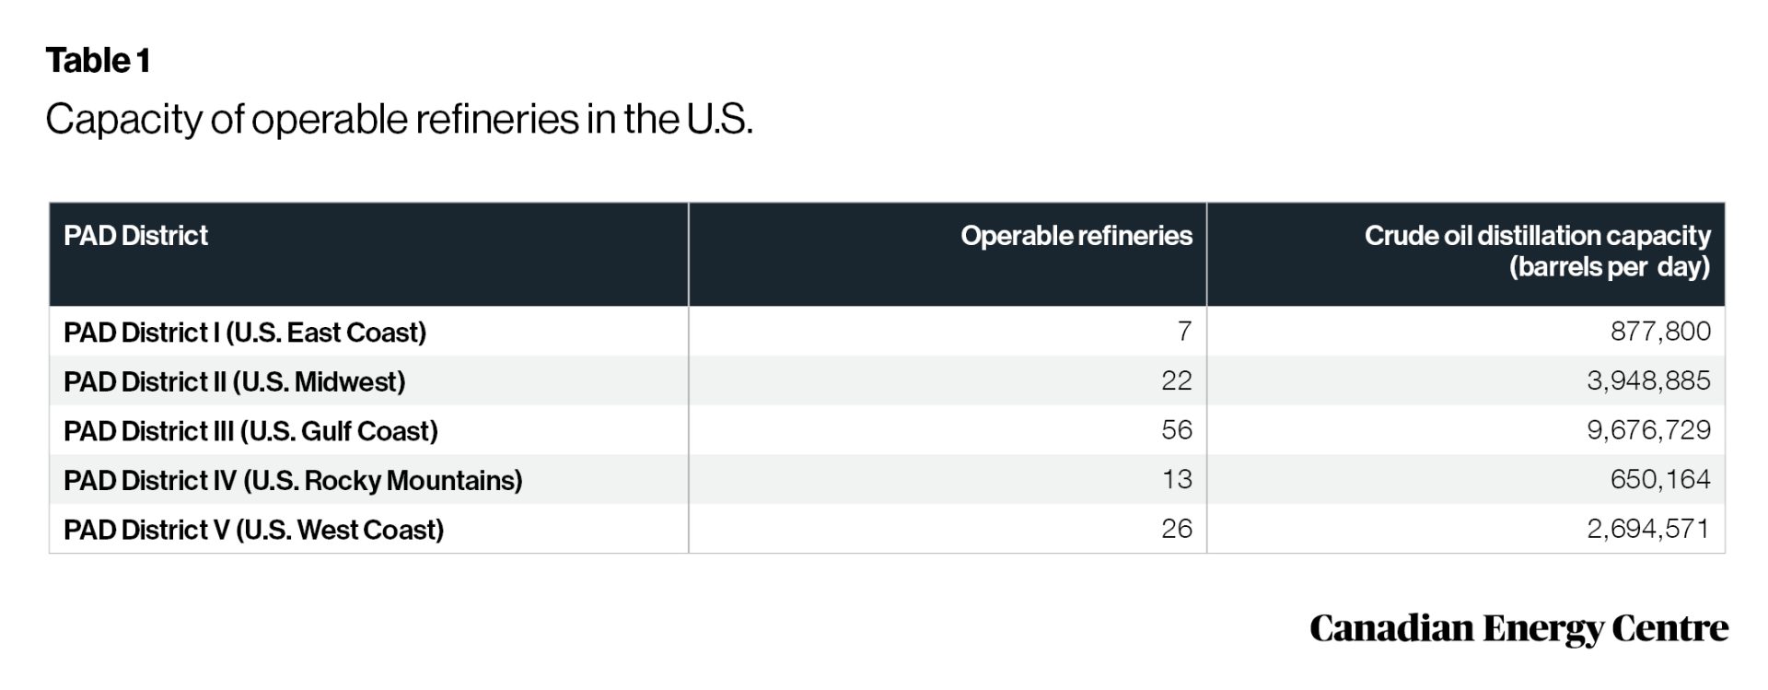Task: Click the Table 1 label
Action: pyautogui.click(x=98, y=61)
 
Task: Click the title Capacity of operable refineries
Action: pyautogui.click(x=399, y=120)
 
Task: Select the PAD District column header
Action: pyautogui.click(x=135, y=236)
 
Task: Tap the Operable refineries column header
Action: pyautogui.click(x=1076, y=236)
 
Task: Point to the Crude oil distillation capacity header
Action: pyautogui.click(x=1537, y=251)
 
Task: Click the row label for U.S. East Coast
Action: pyautogui.click(x=245, y=333)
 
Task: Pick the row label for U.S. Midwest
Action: pyautogui.click(x=235, y=381)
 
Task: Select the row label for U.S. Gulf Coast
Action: pyautogui.click(x=250, y=431)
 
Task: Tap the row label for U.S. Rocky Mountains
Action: pyautogui.click(x=293, y=480)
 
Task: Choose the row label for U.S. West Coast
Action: pyautogui.click(x=253, y=530)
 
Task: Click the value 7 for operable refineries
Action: pyautogui.click(x=1184, y=332)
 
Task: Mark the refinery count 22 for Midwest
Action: pyautogui.click(x=1176, y=380)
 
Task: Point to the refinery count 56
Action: pyautogui.click(x=1176, y=430)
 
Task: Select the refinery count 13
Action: pyautogui.click(x=1176, y=479)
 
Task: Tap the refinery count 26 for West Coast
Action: pyautogui.click(x=1176, y=529)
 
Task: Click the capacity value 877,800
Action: pyautogui.click(x=1659, y=332)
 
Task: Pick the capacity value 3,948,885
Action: pyautogui.click(x=1647, y=380)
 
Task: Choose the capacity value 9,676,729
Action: pyautogui.click(x=1647, y=430)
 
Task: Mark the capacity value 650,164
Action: pyautogui.click(x=1659, y=479)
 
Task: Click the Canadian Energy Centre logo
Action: pyautogui.click(x=1518, y=628)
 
